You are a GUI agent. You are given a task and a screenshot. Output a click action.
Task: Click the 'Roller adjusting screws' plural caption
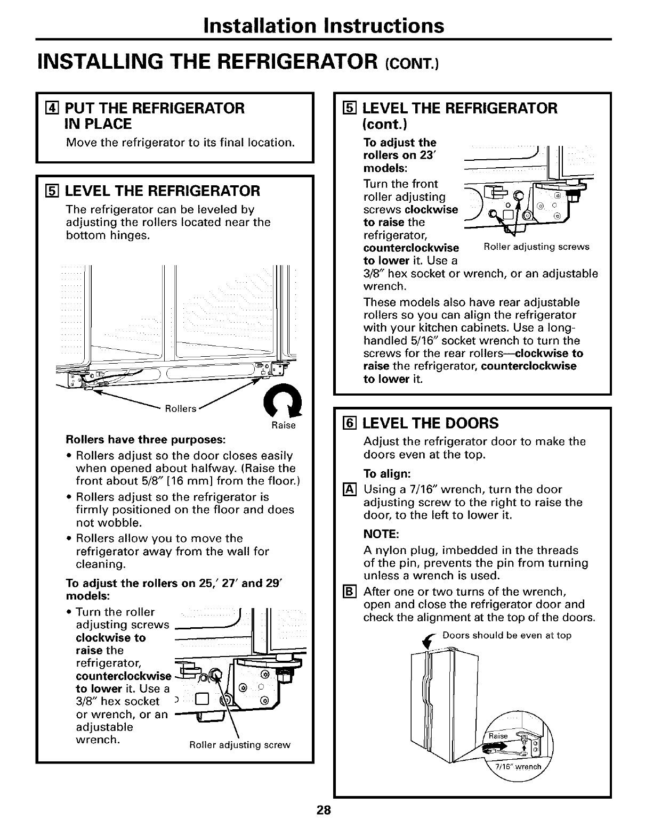536,247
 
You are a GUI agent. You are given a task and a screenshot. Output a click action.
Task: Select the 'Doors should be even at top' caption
507,636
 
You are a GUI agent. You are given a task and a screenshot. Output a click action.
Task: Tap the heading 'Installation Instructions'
323,25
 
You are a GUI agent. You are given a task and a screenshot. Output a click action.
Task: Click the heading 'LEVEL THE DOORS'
430,423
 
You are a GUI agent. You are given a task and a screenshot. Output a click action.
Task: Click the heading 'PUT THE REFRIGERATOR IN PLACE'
154,116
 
